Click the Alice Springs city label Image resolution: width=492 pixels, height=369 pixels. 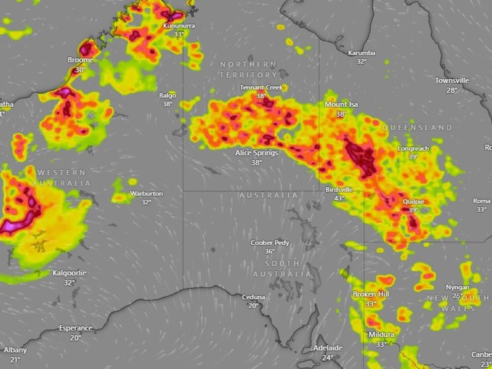point(256,153)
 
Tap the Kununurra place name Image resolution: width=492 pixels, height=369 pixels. point(180,26)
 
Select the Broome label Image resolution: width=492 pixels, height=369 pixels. point(81,60)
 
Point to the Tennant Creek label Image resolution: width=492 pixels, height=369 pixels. point(261,87)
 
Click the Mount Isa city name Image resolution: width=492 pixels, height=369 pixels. point(341,105)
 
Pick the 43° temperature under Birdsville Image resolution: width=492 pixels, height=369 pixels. point(339,199)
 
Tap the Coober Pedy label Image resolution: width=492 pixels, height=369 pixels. point(270,243)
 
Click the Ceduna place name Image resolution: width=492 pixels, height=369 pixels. point(253,297)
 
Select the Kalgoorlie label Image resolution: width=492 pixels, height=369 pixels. point(69,273)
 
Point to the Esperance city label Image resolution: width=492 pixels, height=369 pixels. point(75,328)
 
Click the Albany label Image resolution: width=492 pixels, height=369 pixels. point(15,350)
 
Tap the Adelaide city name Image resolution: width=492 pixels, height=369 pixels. point(328,348)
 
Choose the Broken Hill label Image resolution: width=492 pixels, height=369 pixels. point(371,294)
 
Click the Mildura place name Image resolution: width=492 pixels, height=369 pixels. point(381,335)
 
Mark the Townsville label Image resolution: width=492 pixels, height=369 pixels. point(452,80)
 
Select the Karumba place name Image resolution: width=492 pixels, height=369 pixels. point(362,53)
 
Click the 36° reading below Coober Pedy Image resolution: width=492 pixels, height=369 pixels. point(270,252)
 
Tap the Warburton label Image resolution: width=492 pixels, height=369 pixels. point(146,193)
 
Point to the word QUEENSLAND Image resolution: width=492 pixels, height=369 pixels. point(417,128)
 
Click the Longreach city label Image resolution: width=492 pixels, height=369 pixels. point(413,149)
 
